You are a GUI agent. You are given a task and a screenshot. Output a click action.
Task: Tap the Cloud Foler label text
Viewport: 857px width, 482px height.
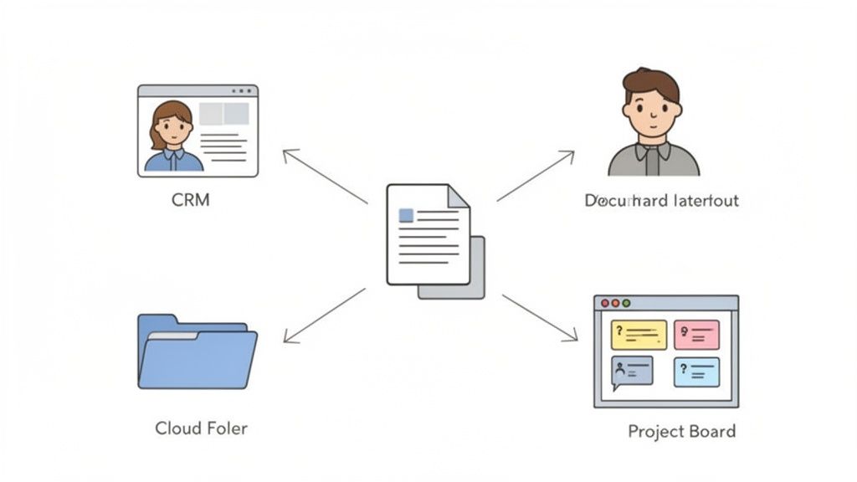201,428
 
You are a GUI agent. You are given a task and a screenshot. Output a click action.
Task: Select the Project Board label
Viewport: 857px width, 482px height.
681,432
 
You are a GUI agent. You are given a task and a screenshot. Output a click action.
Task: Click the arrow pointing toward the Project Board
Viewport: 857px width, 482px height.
539,317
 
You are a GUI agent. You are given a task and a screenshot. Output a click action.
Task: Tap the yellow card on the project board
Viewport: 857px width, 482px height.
639,335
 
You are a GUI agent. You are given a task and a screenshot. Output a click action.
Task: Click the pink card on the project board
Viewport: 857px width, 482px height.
696,335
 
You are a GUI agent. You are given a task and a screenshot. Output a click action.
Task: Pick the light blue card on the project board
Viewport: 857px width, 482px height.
696,372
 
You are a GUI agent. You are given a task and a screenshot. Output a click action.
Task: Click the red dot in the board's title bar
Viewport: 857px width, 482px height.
605,302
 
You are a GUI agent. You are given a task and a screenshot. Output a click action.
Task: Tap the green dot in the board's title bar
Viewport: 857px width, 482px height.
625,302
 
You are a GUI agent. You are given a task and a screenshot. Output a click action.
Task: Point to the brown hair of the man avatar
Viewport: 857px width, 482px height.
651,82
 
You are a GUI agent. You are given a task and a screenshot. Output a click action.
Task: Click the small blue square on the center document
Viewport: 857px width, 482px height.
406,215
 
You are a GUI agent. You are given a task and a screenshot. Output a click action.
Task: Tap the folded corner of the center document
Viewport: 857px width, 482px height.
459,196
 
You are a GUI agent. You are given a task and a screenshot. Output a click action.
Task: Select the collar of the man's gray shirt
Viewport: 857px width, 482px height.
652,151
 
